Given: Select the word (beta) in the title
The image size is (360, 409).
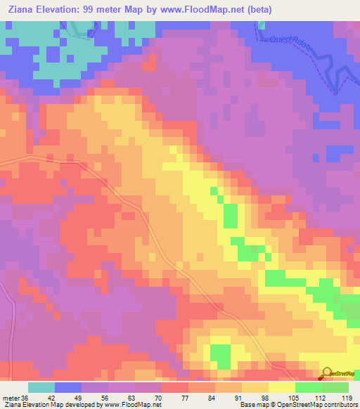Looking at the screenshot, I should (x=257, y=10).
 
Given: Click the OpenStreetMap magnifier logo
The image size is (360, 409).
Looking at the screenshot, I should (x=328, y=372).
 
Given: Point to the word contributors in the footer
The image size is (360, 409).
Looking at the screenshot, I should (x=335, y=405).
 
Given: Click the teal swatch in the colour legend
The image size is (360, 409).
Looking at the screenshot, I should (x=41, y=387).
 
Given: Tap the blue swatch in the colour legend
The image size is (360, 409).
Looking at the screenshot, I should (x=68, y=387).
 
